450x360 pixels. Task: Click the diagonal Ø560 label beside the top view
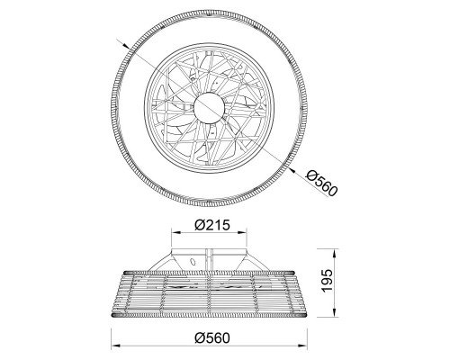click(x=321, y=183)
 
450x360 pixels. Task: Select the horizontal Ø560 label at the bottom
click(x=212, y=338)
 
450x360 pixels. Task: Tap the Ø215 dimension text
click(x=212, y=225)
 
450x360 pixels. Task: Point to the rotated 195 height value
click(x=327, y=280)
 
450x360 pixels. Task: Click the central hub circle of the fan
click(x=209, y=108)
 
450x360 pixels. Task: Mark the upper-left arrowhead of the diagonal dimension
click(x=126, y=45)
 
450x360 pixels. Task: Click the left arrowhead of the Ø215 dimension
click(x=175, y=232)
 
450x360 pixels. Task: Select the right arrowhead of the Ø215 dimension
click(x=242, y=232)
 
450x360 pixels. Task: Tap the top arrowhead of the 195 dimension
click(x=334, y=253)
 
